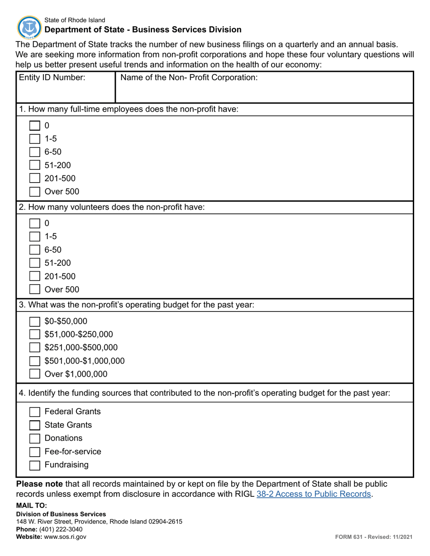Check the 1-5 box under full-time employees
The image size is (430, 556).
click(x=35, y=139)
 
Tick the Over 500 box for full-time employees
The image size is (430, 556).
click(x=35, y=192)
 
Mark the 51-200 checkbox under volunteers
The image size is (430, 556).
click(x=35, y=263)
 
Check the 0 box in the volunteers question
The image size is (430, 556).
click(x=35, y=223)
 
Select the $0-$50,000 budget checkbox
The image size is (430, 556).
click(x=35, y=321)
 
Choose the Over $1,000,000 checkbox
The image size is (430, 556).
click(x=35, y=374)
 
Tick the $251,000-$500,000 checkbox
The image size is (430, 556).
click(x=35, y=348)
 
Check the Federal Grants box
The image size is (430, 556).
click(x=35, y=412)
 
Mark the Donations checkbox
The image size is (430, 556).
click(x=35, y=438)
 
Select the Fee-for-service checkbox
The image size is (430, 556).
click(x=35, y=452)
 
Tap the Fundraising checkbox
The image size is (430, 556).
click(x=35, y=465)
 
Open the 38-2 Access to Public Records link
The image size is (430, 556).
click(x=314, y=494)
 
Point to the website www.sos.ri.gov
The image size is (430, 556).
click(x=65, y=537)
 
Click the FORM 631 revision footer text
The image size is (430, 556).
click(x=373, y=537)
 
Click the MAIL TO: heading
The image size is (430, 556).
click(x=31, y=505)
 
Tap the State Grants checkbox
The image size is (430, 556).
click(x=35, y=425)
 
